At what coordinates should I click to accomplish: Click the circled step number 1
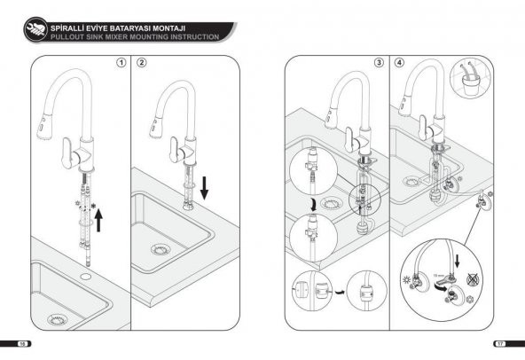(x=121, y=64)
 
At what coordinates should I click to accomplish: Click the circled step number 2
(x=142, y=64)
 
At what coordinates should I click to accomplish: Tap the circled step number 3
(x=379, y=64)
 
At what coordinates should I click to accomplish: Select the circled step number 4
(x=399, y=64)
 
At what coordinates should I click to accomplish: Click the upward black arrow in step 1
(x=98, y=218)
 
